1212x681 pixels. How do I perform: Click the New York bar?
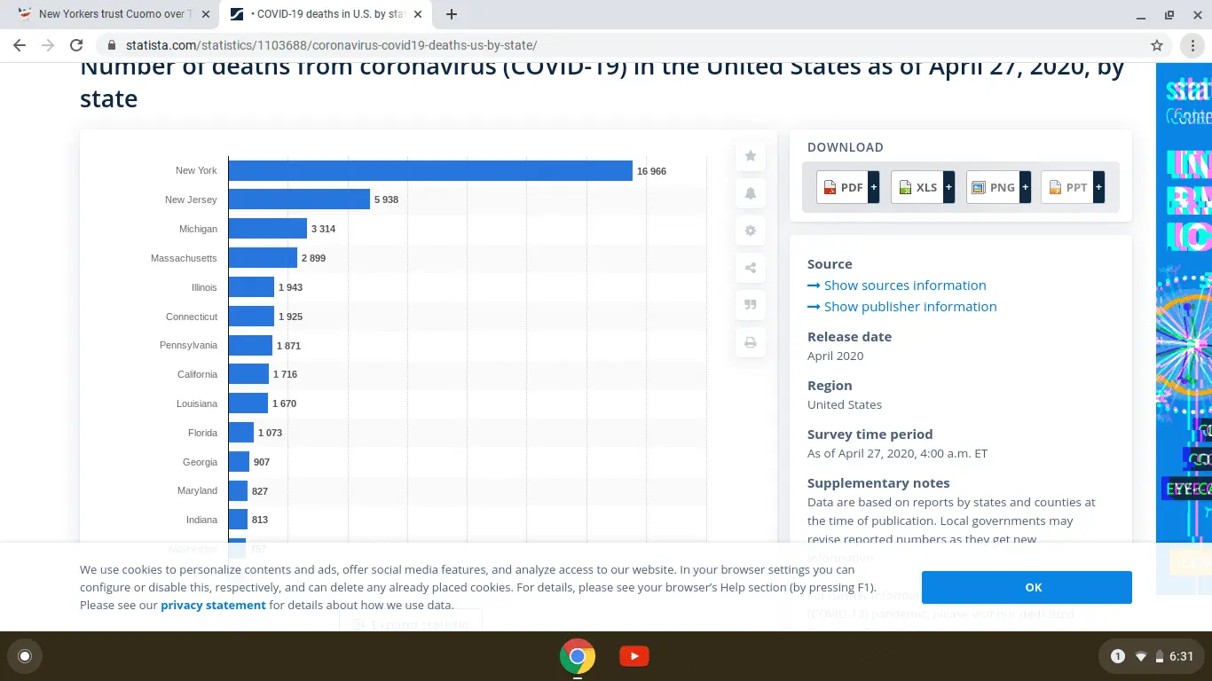tap(430, 170)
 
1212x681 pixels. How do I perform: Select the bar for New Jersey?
tap(299, 200)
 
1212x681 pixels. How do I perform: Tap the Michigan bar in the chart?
tap(267, 229)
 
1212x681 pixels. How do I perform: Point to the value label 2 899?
tap(313, 258)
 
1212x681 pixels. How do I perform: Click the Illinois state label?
tap(204, 287)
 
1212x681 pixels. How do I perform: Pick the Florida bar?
tap(241, 433)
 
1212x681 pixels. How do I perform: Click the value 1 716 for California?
tap(285, 374)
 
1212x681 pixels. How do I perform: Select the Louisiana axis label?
tap(197, 403)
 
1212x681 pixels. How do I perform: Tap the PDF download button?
tap(847, 187)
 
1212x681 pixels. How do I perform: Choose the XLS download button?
tap(922, 187)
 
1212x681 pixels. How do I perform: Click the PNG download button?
tap(997, 187)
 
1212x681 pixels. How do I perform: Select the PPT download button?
tap(1072, 187)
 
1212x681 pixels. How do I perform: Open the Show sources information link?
tap(905, 286)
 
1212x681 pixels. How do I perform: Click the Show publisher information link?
tap(910, 307)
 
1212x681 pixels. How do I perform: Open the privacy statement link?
tap(213, 605)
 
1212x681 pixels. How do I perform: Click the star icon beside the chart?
tap(751, 156)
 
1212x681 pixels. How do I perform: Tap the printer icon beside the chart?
tap(751, 342)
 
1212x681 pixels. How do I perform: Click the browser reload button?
tap(76, 45)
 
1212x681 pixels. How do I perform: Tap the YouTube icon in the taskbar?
tap(634, 656)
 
